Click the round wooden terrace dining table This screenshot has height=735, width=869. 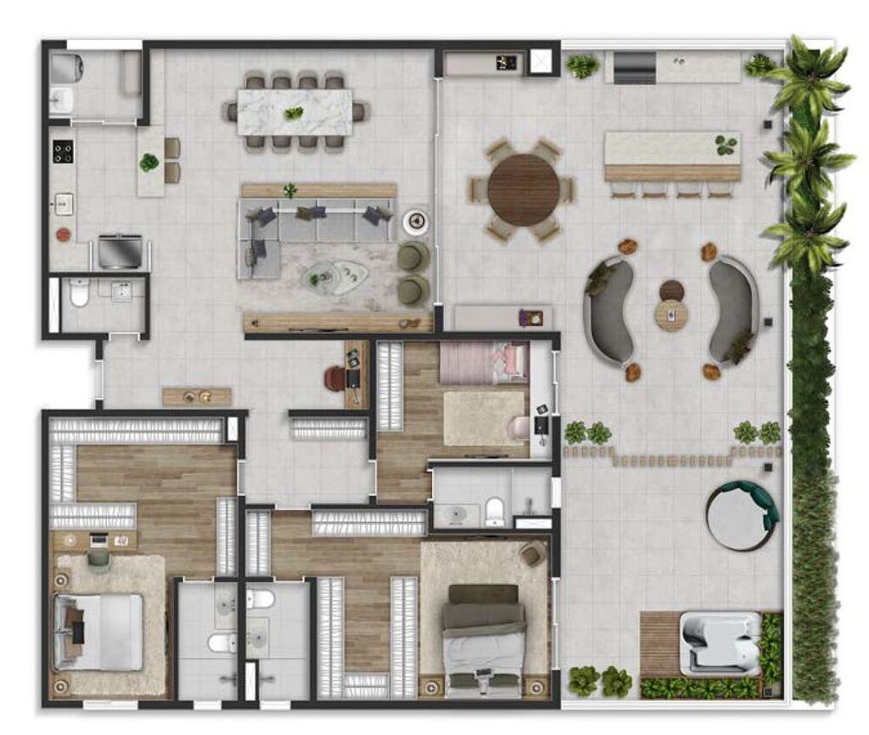(523, 189)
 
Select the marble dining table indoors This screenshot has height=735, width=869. (295, 112)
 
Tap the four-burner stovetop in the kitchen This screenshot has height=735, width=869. (63, 151)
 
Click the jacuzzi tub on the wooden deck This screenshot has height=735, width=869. (719, 643)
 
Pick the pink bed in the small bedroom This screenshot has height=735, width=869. (483, 362)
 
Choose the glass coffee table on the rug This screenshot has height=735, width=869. (335, 276)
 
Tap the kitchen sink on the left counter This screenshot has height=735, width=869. (63, 203)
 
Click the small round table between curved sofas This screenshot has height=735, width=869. (671, 315)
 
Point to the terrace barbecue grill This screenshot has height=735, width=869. (635, 67)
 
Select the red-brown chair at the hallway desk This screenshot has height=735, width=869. (335, 378)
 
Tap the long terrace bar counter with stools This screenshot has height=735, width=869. (672, 156)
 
